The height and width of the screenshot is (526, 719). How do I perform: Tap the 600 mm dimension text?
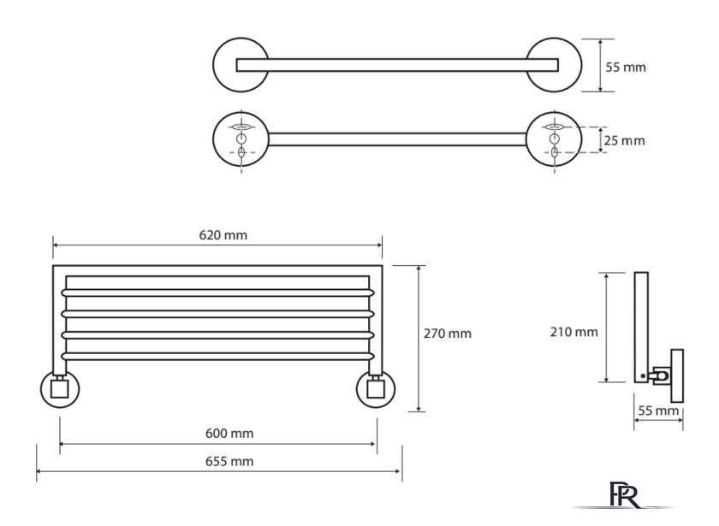pyautogui.click(x=229, y=434)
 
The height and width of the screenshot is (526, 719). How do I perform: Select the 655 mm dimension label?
pyautogui.click(x=229, y=461)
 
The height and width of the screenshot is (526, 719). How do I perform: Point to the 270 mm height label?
pyautogui.click(x=448, y=334)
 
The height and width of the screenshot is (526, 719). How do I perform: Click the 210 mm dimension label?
pyautogui.click(x=573, y=332)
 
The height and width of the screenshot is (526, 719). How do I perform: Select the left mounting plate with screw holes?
pyautogui.click(x=241, y=139)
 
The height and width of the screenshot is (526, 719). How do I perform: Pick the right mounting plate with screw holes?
pyautogui.click(x=554, y=139)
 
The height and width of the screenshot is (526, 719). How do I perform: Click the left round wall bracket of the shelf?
pyautogui.click(x=59, y=390)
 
